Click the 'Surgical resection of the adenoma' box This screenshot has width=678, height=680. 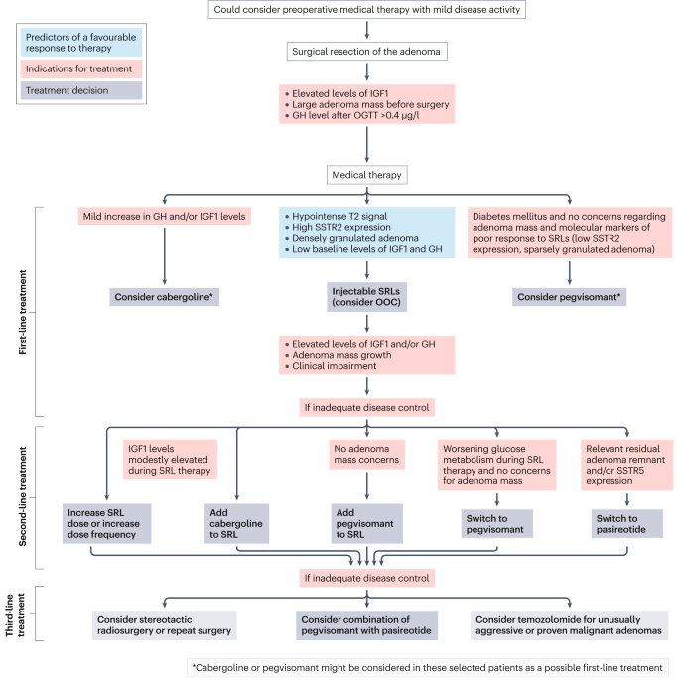pos(368,51)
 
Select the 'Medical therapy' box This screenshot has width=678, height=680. pos(368,175)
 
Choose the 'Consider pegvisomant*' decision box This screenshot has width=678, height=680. pos(567,296)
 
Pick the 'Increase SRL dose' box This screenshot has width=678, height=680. pos(106,523)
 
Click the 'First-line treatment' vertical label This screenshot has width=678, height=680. pos(21,312)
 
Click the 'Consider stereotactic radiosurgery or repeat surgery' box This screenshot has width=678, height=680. pos(166,624)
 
